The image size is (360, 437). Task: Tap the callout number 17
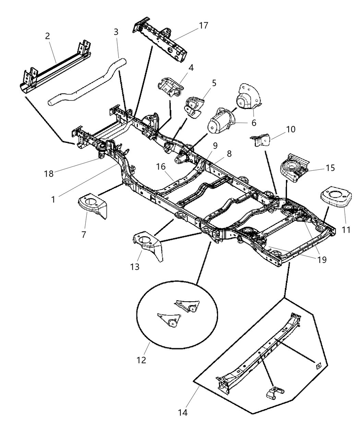(203, 25)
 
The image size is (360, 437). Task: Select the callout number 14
(183, 413)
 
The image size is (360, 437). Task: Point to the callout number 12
(141, 360)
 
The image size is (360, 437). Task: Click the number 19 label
(321, 259)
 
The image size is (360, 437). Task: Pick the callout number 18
(49, 173)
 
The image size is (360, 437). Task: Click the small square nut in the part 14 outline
(318, 366)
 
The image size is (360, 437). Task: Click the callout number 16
(161, 167)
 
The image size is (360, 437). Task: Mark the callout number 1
(53, 199)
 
